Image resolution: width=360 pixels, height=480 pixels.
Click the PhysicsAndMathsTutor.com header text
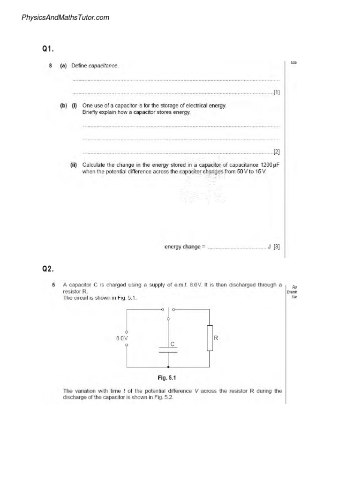click(65, 18)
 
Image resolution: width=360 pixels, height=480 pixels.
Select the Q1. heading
click(48, 48)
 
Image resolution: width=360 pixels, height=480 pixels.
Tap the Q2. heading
click(48, 269)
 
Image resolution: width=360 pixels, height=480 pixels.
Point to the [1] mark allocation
click(277, 92)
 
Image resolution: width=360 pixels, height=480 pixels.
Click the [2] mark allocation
click(277, 152)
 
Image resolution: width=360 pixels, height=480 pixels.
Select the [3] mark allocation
click(277, 247)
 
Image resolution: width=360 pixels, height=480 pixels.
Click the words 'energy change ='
click(185, 247)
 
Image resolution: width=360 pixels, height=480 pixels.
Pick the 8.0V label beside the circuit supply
click(122, 337)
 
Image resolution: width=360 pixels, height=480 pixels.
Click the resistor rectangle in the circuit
click(210, 337)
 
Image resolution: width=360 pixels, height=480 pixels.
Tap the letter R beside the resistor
click(216, 337)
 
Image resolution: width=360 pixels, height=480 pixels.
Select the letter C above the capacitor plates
click(172, 344)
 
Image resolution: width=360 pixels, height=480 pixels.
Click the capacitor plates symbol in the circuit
click(168, 351)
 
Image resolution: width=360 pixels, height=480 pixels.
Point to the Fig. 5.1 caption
click(166, 377)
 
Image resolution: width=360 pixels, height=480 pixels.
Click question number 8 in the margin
click(50, 66)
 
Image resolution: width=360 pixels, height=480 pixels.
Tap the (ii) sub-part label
click(74, 165)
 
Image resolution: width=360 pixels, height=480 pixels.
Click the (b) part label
click(63, 106)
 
